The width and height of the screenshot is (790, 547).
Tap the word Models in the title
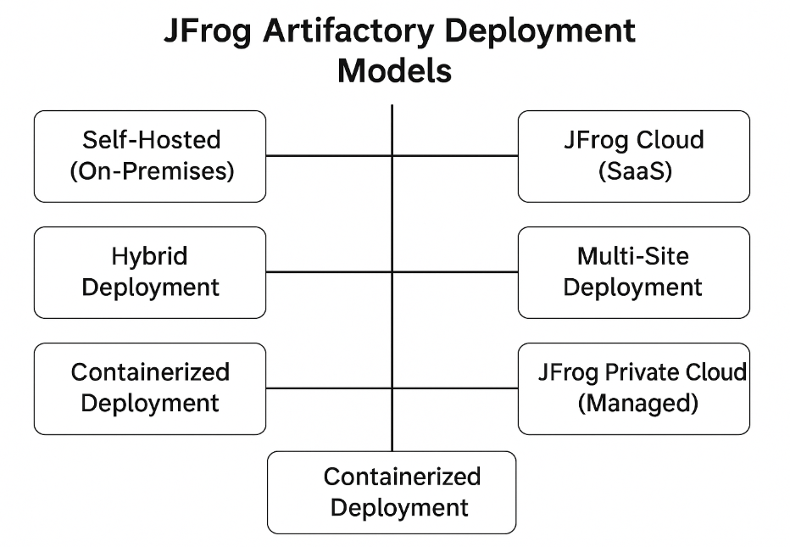click(x=394, y=71)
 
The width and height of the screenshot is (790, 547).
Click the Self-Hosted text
click(x=152, y=140)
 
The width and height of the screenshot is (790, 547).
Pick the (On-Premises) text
click(x=152, y=170)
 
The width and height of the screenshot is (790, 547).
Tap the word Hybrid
click(x=149, y=256)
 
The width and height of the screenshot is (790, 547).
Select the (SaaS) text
click(x=634, y=170)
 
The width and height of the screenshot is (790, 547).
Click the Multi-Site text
click(x=633, y=256)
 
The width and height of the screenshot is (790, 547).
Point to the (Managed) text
click(x=637, y=403)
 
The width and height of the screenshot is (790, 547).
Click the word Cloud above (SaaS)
click(x=670, y=140)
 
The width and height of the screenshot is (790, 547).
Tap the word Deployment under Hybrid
click(x=150, y=287)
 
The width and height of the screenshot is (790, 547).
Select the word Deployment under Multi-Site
click(x=633, y=287)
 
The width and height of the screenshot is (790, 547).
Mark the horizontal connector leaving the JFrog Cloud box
click(x=455, y=156)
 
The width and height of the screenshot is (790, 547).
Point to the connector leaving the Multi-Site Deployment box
click(x=455, y=272)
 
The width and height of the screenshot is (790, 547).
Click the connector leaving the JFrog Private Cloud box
click(x=455, y=388)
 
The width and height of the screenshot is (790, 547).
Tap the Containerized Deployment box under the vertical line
click(x=392, y=492)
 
